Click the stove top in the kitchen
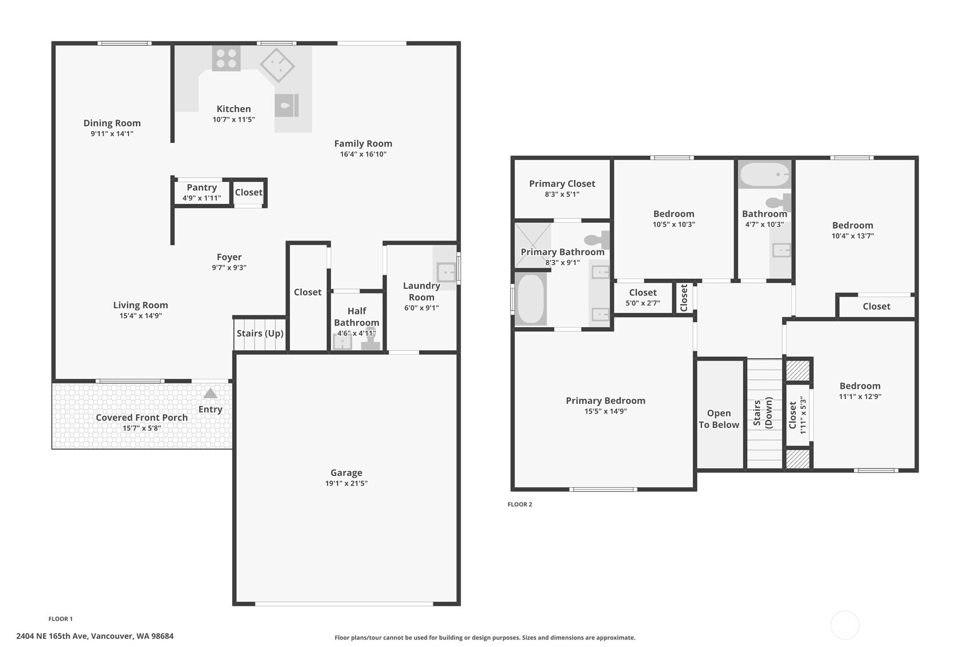click(x=226, y=58)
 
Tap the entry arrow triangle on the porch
click(x=210, y=394)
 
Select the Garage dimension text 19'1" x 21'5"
click(x=346, y=483)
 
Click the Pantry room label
click(x=202, y=188)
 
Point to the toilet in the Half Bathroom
click(x=370, y=342)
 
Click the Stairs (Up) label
click(x=260, y=334)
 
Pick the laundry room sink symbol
click(x=446, y=272)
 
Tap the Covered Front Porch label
click(x=142, y=418)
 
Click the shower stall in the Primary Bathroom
click(x=533, y=245)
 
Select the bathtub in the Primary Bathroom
click(x=531, y=299)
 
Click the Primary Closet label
click(x=562, y=184)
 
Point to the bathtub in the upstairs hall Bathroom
click(x=764, y=174)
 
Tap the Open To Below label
click(x=719, y=419)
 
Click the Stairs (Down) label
click(x=763, y=413)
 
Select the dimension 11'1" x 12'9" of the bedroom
click(x=860, y=396)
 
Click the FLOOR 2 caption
click(x=520, y=504)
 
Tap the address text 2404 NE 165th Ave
click(x=95, y=636)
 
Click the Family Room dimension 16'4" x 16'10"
click(x=363, y=154)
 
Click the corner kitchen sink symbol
click(x=277, y=65)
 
